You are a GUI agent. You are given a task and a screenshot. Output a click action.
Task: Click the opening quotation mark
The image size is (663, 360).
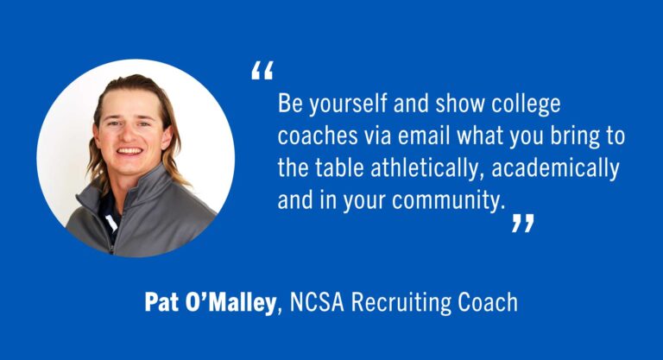pyautogui.click(x=262, y=72)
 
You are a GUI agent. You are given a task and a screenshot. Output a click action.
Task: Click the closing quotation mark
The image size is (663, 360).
pyautogui.click(x=522, y=224)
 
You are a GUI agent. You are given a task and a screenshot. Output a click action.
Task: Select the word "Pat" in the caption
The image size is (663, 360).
pyautogui.click(x=161, y=303)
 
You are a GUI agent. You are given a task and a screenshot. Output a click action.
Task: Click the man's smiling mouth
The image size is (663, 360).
pyautogui.click(x=129, y=152)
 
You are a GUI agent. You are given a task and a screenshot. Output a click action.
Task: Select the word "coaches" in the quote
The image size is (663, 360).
pyautogui.click(x=312, y=137)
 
